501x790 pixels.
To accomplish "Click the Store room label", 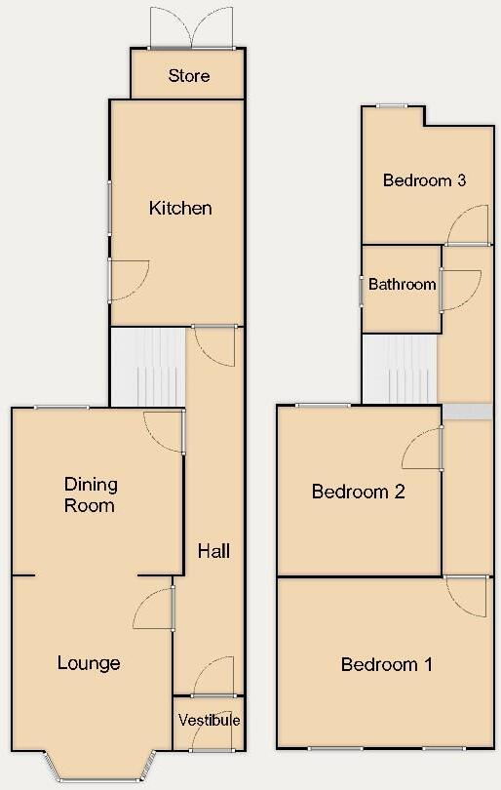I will pos(189,76).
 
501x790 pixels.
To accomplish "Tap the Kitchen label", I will pos(180,208).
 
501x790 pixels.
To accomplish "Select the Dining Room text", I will pos(90,494).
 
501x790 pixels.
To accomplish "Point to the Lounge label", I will pos(89,663).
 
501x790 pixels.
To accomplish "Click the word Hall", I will pos(213,551).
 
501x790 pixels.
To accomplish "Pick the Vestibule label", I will pos(209,721).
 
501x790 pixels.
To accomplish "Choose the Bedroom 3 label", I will pos(424,180).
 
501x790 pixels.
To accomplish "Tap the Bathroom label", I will pos(402,285).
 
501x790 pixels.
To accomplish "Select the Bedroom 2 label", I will pos(358,492).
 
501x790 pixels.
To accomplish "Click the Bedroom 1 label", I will pos(386,664).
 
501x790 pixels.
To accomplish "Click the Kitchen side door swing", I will pos(129,279).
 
